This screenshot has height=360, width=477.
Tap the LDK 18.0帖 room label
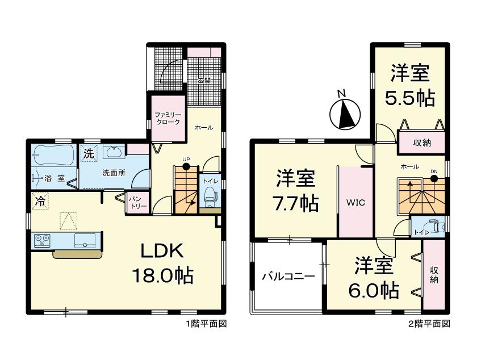(x=163, y=263)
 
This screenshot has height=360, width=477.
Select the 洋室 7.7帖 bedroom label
(x=296, y=191)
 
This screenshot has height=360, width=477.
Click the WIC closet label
(x=355, y=203)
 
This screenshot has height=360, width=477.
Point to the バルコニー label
(x=288, y=277)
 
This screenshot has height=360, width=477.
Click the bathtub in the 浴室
(x=54, y=155)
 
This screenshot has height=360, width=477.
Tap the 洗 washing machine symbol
(x=89, y=153)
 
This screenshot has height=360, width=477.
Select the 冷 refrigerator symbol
(x=40, y=202)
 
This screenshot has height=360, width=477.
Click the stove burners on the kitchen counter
(x=42, y=240)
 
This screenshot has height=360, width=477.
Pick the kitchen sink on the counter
(x=85, y=240)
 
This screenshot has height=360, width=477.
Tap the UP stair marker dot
(x=186, y=166)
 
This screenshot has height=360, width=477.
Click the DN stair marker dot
(x=434, y=179)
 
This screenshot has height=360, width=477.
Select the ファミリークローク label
(x=168, y=118)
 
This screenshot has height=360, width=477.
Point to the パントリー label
(x=137, y=202)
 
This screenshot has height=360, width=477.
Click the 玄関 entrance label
(x=204, y=81)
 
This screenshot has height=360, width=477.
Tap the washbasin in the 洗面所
(x=114, y=151)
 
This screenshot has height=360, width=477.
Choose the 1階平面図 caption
(x=207, y=324)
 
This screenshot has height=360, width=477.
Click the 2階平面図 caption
(x=429, y=324)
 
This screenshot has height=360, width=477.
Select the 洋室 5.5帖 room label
(x=410, y=85)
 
